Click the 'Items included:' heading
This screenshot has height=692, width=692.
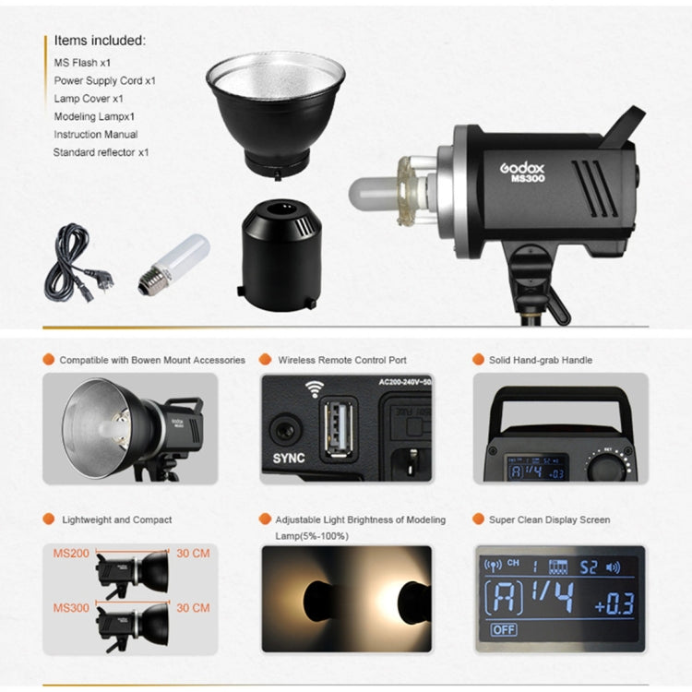point(100,41)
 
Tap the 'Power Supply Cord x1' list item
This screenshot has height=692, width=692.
point(104,80)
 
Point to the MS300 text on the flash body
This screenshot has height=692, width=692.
point(528,179)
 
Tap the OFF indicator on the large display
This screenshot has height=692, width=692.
point(504,629)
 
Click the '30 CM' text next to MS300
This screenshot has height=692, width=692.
point(192,608)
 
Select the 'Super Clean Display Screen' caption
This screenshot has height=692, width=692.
point(549,519)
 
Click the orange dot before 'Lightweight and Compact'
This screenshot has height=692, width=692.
point(48,519)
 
